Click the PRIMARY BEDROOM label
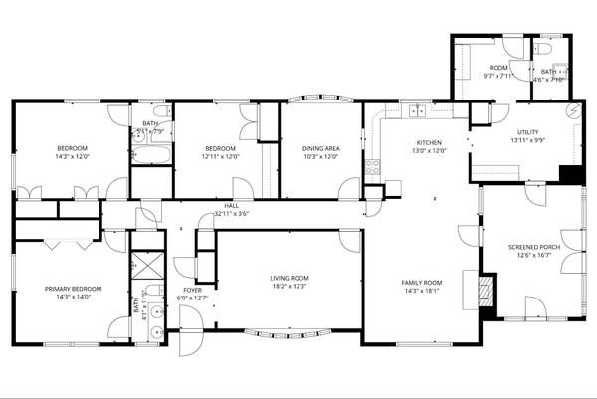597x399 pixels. [x=68, y=289]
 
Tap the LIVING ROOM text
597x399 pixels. [x=290, y=278]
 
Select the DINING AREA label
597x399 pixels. [x=320, y=148]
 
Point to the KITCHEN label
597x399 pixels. [x=430, y=142]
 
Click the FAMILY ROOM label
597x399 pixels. [x=421, y=282]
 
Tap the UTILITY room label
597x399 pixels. [x=527, y=132]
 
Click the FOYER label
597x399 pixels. [x=187, y=262]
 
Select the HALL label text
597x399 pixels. [x=230, y=206]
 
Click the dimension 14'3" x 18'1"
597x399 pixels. [x=421, y=291]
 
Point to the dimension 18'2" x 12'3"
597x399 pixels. [x=290, y=287]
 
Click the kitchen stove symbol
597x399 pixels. [x=374, y=167]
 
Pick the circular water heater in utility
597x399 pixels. [x=573, y=110]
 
